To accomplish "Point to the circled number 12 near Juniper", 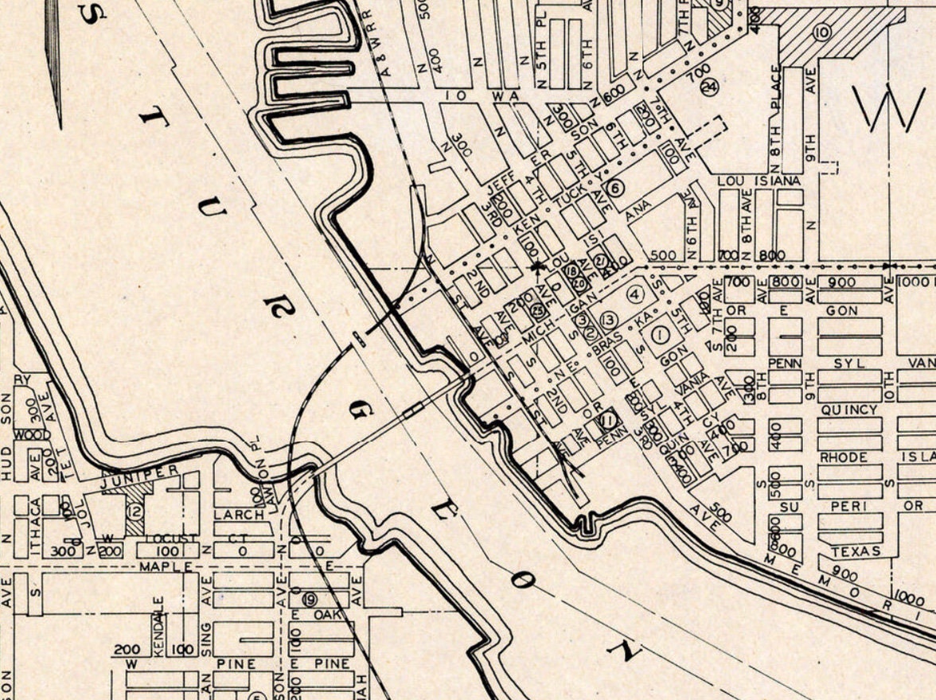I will click(135, 511).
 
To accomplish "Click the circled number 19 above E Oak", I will click(309, 599).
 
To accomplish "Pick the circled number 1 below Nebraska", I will click(659, 336).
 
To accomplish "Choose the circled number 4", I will click(634, 294).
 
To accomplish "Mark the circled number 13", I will click(609, 320).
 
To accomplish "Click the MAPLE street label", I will click(166, 566).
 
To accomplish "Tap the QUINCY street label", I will click(848, 410).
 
